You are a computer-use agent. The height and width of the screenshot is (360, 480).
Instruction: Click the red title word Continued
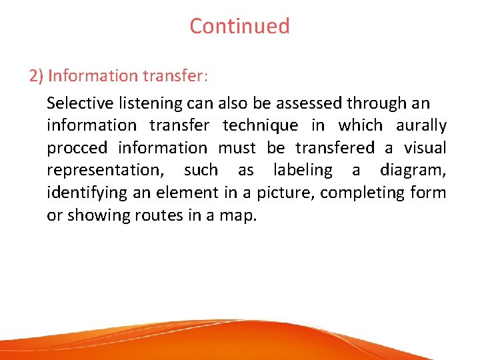[x=239, y=26]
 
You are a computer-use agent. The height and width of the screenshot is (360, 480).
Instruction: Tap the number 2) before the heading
[x=36, y=75]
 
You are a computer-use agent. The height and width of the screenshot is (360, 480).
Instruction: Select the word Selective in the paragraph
[x=75, y=103]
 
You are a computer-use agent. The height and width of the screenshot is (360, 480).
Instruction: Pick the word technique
[x=260, y=125]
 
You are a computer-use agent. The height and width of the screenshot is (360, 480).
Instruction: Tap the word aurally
[x=421, y=125]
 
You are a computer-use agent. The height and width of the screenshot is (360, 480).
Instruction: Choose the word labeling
[x=302, y=170]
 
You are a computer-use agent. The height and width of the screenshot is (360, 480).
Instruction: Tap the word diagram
[x=413, y=170]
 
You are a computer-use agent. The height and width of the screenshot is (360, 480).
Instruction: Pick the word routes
[x=147, y=215]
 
